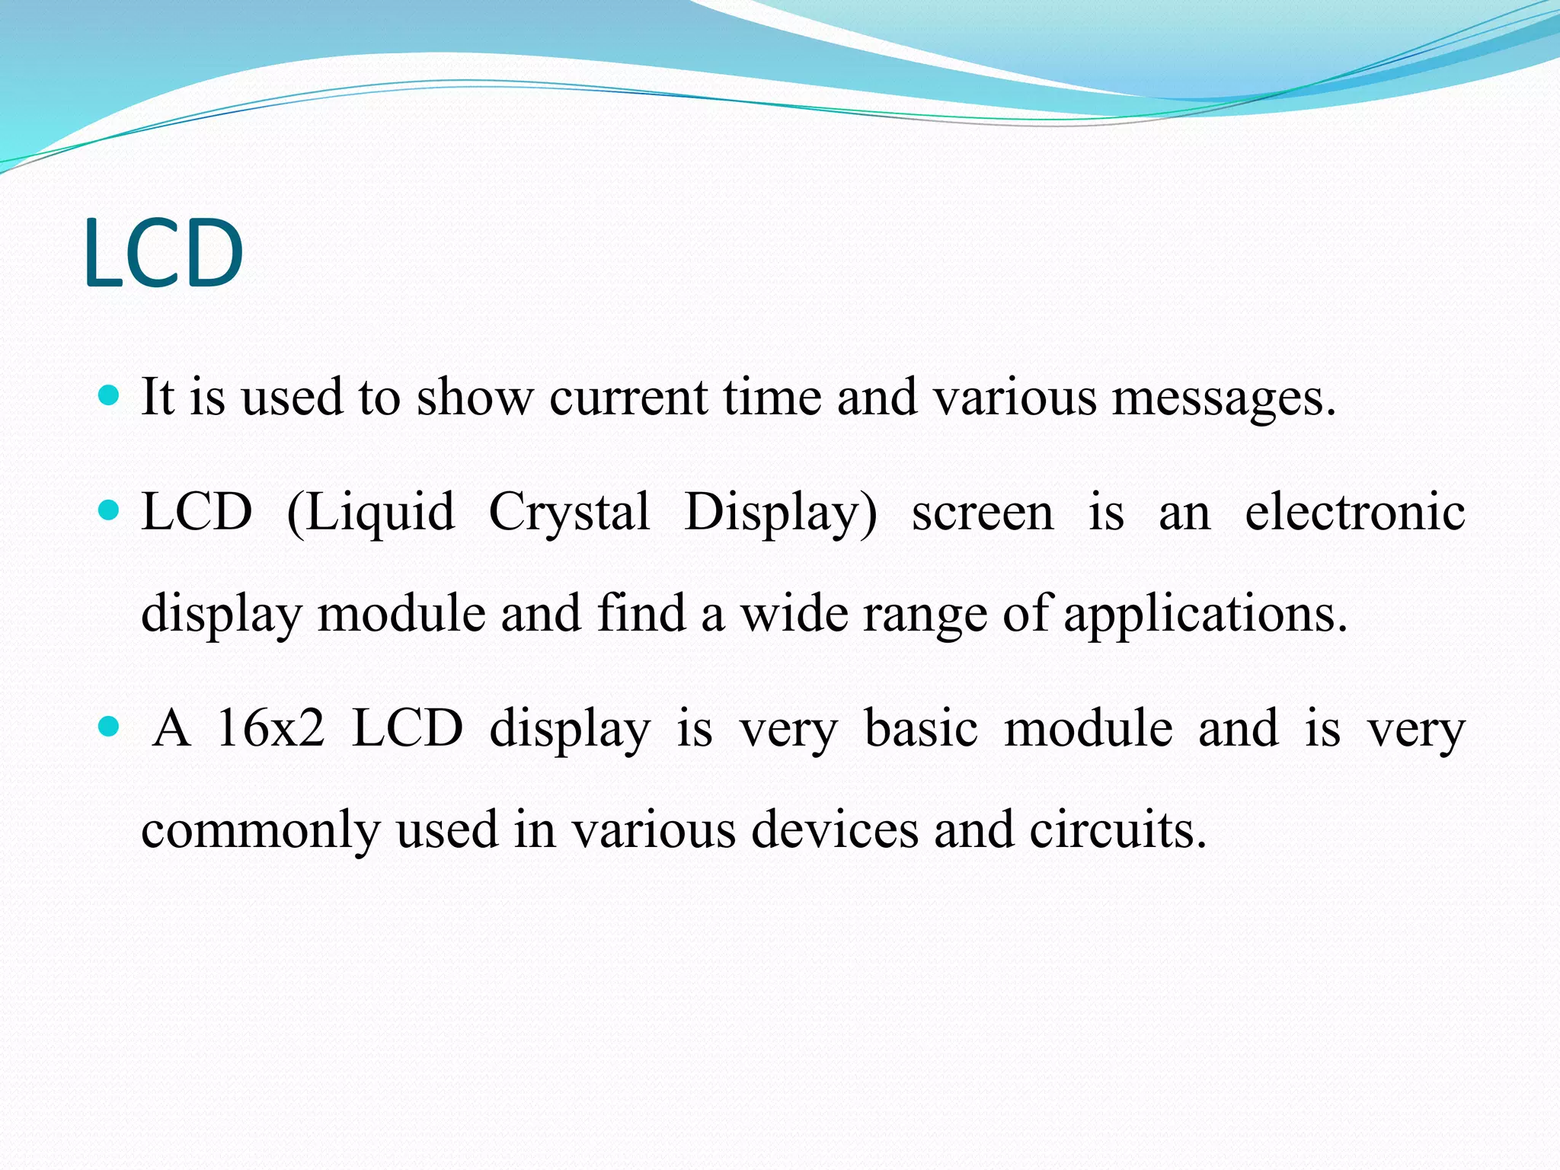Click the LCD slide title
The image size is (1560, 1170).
coord(164,253)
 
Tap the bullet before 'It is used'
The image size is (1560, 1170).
coord(110,396)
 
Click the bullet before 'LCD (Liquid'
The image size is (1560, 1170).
coord(110,510)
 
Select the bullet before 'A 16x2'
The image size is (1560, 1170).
coord(110,727)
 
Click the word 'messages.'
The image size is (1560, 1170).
coord(1224,398)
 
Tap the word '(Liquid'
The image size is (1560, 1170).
coord(371,513)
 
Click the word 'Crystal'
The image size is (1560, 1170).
coord(569,513)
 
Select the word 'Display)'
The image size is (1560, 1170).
coord(781,513)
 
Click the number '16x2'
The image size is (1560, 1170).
coord(270,728)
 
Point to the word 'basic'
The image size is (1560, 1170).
coord(921,728)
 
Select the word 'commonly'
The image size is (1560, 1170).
coord(261,831)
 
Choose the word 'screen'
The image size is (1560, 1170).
coord(983,513)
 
